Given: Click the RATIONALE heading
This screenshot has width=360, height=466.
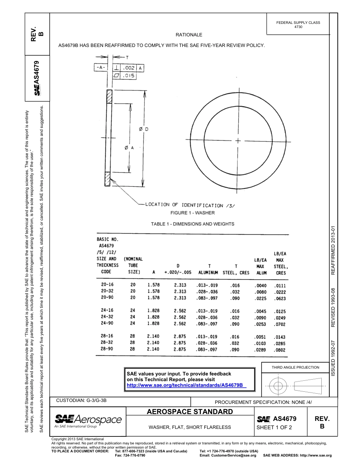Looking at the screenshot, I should (x=189, y=35).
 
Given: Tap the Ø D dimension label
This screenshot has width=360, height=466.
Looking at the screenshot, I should (x=144, y=129).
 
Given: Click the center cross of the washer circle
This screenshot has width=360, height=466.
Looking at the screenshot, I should (x=238, y=141).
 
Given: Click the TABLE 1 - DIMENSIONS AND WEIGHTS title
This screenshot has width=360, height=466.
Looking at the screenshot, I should (x=193, y=224).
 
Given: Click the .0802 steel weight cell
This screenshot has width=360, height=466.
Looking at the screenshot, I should (x=280, y=350).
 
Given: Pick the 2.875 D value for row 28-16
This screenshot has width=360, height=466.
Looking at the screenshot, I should (x=180, y=336).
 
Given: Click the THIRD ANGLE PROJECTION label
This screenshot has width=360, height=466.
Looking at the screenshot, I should (x=295, y=367).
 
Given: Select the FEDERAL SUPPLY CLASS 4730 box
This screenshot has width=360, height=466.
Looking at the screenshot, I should (x=298, y=25).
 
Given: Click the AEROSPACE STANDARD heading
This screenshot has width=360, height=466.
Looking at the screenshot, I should (x=189, y=412).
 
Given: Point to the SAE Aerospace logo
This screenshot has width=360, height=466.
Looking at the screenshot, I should (x=88, y=421).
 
